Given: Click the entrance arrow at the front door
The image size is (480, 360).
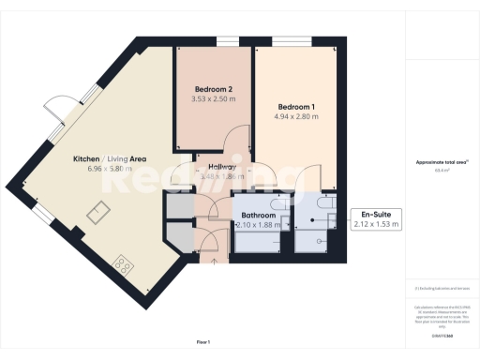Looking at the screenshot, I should [214, 261].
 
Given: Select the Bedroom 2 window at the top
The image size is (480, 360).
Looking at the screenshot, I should [226, 40].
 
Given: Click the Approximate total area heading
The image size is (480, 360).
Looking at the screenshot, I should [441, 162].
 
